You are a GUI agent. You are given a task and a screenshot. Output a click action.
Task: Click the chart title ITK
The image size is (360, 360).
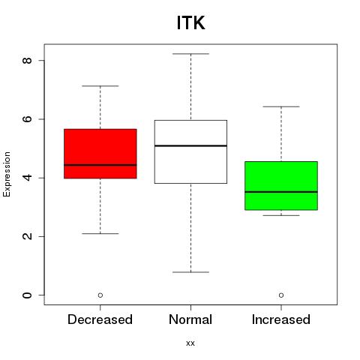(190, 22)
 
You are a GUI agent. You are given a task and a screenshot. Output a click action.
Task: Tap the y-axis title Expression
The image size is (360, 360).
(7, 174)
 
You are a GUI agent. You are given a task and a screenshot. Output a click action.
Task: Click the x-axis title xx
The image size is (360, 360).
(190, 343)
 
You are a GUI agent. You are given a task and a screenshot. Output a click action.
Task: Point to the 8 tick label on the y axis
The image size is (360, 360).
(28, 60)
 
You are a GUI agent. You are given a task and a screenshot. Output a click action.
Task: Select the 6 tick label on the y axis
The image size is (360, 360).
(28, 119)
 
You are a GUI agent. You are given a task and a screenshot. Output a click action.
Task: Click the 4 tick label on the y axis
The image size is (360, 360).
(28, 178)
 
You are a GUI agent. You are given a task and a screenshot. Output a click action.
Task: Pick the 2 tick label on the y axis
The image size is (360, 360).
(28, 236)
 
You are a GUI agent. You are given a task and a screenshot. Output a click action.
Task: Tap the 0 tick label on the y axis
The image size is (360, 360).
(28, 295)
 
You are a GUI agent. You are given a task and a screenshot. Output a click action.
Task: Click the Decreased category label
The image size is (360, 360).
(100, 319)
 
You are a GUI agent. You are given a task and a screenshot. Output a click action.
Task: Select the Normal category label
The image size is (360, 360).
(190, 319)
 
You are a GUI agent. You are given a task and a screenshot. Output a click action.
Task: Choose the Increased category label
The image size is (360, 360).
(281, 319)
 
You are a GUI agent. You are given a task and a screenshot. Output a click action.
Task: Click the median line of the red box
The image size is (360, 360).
(100, 165)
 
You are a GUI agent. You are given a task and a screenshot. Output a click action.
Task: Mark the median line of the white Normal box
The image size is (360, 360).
(190, 145)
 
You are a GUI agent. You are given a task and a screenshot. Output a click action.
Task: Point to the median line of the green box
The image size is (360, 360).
(281, 192)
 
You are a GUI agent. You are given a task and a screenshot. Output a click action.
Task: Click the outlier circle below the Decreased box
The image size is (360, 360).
(100, 295)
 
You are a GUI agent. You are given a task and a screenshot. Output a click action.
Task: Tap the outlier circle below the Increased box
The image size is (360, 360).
(281, 295)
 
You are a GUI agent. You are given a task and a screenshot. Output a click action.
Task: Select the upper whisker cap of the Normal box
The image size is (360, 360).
(190, 54)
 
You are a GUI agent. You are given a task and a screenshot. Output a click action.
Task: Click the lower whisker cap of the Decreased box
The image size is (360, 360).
(100, 234)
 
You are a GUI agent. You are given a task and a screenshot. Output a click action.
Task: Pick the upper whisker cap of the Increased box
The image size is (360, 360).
(281, 106)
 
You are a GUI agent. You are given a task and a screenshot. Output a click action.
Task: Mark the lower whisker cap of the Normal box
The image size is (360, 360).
(190, 272)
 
